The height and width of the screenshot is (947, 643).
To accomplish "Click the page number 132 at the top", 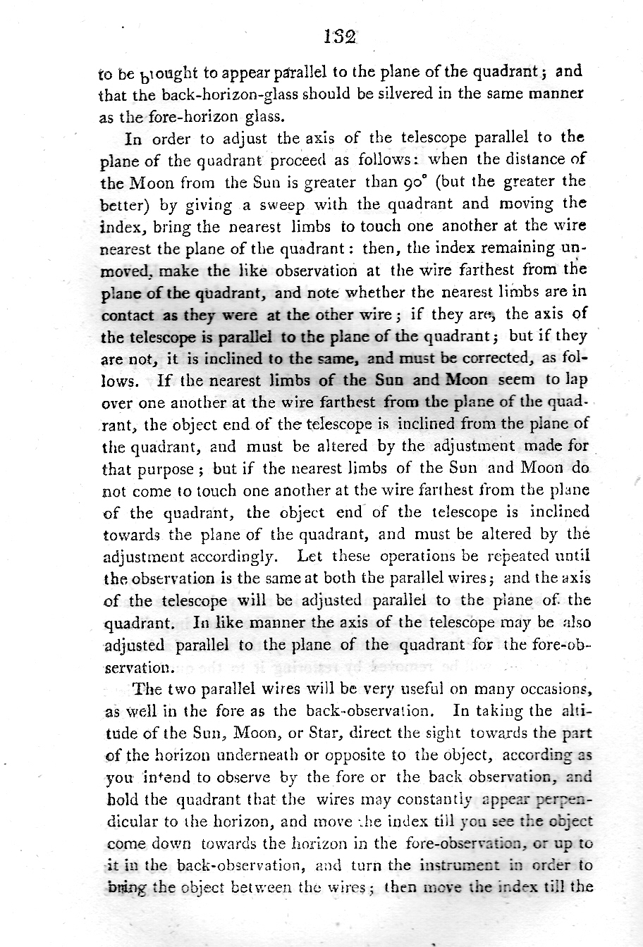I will click(339, 37).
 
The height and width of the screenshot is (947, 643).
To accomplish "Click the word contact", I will click(128, 315).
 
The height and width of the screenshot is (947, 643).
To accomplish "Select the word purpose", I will click(164, 469).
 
